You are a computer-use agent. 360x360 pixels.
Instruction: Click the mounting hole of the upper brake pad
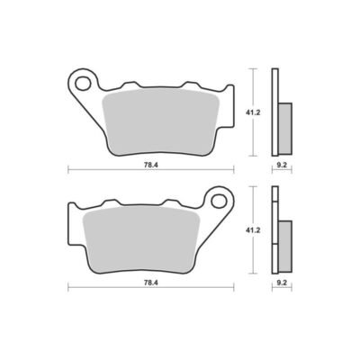(84, 84)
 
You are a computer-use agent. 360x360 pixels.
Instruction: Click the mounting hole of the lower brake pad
(219, 201)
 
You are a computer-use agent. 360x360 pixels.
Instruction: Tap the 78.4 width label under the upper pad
(151, 165)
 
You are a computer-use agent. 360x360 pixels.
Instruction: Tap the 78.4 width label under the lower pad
(151, 283)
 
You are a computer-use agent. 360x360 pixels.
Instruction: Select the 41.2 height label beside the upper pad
(253, 112)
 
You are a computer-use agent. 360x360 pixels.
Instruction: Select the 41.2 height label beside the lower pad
(253, 230)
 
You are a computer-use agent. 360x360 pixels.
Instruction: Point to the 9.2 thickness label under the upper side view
(282, 165)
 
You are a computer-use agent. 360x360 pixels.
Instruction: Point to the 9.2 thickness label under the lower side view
(282, 283)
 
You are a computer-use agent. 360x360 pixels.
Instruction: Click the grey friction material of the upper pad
(160, 122)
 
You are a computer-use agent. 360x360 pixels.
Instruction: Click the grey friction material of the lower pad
(141, 240)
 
